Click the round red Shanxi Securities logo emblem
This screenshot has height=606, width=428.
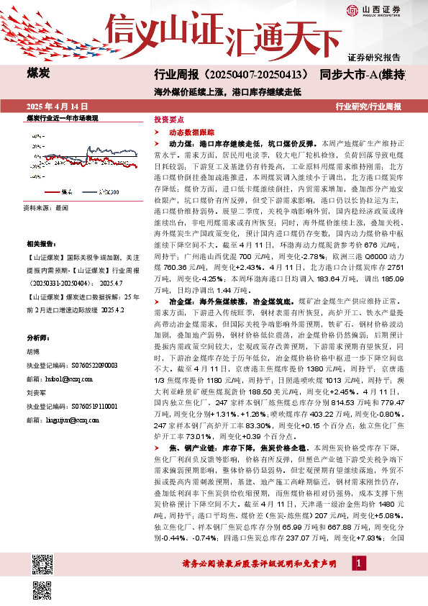(x=352, y=9)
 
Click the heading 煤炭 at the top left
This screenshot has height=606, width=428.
(x=37, y=73)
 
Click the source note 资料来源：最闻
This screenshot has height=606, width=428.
(x=45, y=207)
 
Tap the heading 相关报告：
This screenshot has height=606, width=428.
(x=41, y=244)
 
